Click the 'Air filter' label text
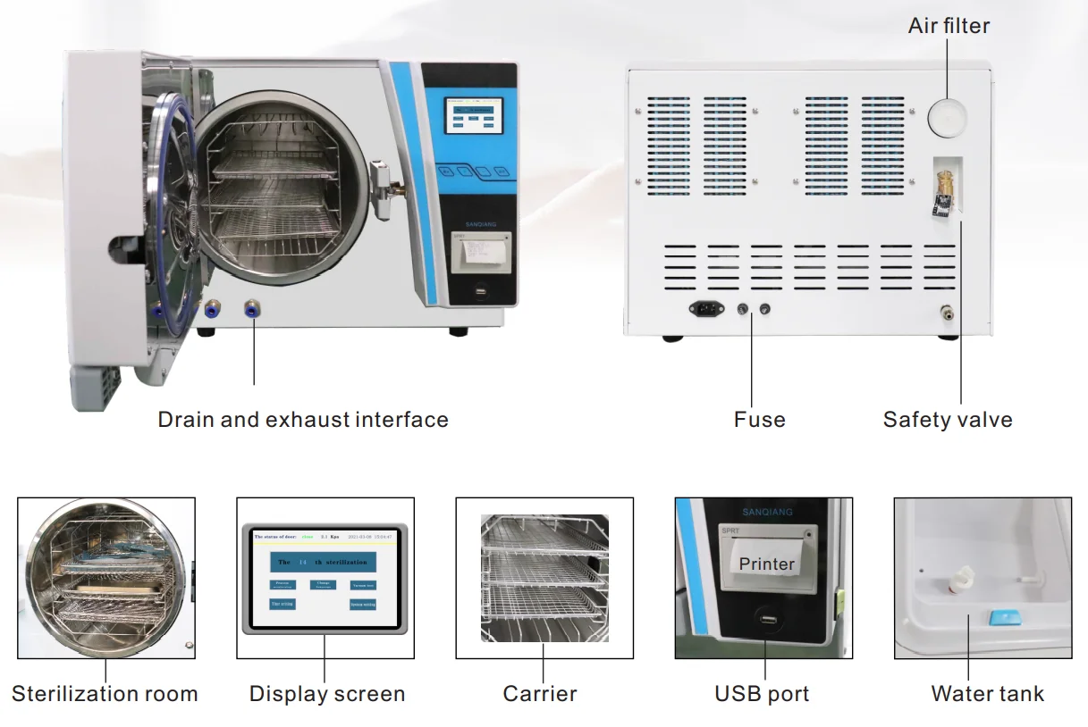(x=949, y=26)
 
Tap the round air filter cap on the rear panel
(x=948, y=116)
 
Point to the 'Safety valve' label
(x=948, y=420)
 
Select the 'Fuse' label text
(x=760, y=420)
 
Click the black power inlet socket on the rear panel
(x=706, y=309)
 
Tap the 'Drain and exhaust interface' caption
(x=303, y=420)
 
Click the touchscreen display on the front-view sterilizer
(x=473, y=114)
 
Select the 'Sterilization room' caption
(x=105, y=694)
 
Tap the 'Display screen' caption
(x=326, y=694)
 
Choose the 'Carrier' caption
(x=540, y=694)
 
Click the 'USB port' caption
(x=762, y=694)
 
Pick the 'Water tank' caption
(x=987, y=694)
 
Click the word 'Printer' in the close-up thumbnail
(x=766, y=564)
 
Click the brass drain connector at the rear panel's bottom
(x=942, y=313)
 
